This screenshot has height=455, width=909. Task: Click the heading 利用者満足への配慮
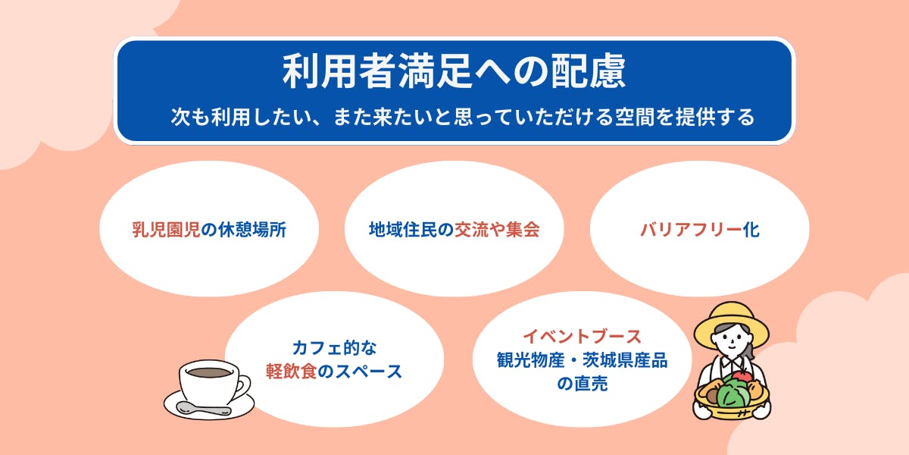tap(454, 71)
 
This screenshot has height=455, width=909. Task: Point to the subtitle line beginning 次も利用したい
tap(463, 117)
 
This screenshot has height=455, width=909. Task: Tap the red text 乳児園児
tap(166, 230)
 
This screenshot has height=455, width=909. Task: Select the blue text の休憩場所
tap(244, 230)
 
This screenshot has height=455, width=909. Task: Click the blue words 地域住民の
tap(411, 230)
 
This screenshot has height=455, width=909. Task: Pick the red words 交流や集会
tap(497, 230)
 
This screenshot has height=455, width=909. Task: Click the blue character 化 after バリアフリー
tap(751, 230)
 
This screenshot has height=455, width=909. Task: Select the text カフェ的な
tap(334, 348)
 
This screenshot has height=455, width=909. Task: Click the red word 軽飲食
tap(292, 372)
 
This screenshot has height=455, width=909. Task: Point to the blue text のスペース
tap(360, 372)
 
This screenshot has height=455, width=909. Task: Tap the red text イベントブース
tap(582, 337)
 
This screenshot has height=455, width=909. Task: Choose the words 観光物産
tap(531, 360)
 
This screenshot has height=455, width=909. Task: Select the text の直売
tap(583, 384)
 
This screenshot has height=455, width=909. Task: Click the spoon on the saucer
tap(203, 409)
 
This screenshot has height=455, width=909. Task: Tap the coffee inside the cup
tap(209, 372)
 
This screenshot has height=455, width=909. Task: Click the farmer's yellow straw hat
tap(731, 325)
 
